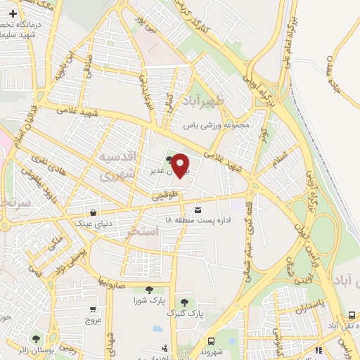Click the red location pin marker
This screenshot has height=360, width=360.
point(181,165)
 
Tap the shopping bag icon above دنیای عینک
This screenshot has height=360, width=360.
point(94,212)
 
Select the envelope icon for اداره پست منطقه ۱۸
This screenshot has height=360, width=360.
point(198,210)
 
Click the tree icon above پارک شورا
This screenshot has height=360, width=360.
point(148,288)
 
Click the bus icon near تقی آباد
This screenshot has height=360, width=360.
point(351,315)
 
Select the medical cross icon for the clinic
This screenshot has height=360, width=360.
point(13,13)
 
